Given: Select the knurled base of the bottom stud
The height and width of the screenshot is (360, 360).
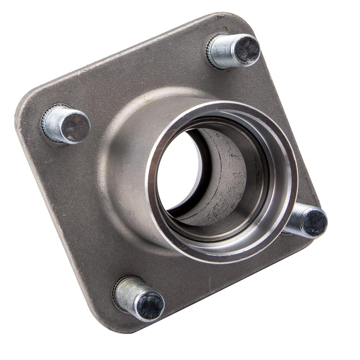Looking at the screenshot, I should click(x=116, y=288).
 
